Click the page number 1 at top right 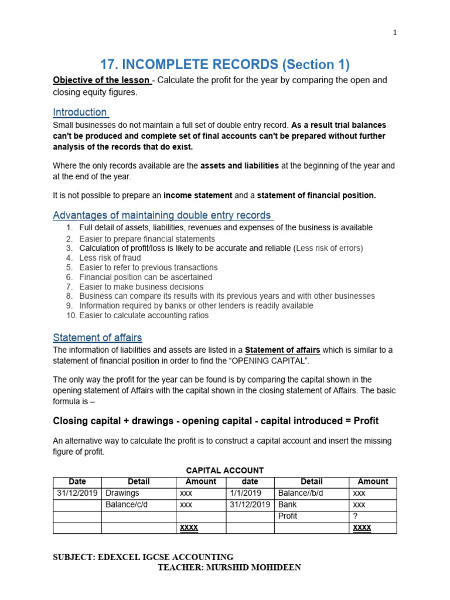coord(395,33)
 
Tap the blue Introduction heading coord(80,112)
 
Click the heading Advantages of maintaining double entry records coord(162,215)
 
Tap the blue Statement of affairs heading coord(97,337)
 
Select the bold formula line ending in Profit coord(216,421)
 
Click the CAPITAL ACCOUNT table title coord(224,470)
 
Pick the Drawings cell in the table coord(122,493)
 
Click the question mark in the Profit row coord(356,516)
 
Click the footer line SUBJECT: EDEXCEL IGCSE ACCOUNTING coord(143,557)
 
